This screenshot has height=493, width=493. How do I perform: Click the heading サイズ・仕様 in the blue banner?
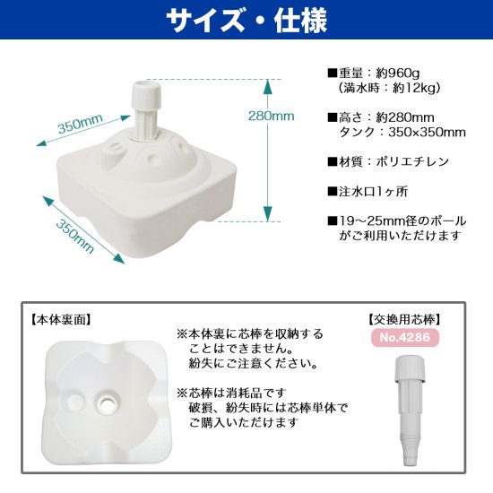pos(246,20)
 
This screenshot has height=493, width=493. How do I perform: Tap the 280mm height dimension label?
pos(271,116)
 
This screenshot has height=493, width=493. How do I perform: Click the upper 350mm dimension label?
pos(81,124)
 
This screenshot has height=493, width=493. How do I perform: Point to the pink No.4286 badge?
pos(404,337)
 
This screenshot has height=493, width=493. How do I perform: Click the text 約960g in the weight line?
pos(398,74)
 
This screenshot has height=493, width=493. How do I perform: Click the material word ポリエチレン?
pos(412,162)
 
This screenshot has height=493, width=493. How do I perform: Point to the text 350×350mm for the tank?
pos(427,133)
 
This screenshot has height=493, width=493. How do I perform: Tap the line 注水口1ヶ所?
pos(373,192)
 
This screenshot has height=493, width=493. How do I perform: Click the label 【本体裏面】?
pos(61,320)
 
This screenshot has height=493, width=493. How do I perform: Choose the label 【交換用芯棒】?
pos(404,320)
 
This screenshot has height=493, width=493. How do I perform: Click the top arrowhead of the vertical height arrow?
pos(267,86)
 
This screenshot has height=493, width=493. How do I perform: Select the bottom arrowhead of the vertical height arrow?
pos(267,214)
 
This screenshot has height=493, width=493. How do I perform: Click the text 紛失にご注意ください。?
pos(253,364)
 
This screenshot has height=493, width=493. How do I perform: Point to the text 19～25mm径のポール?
pos(402,221)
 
